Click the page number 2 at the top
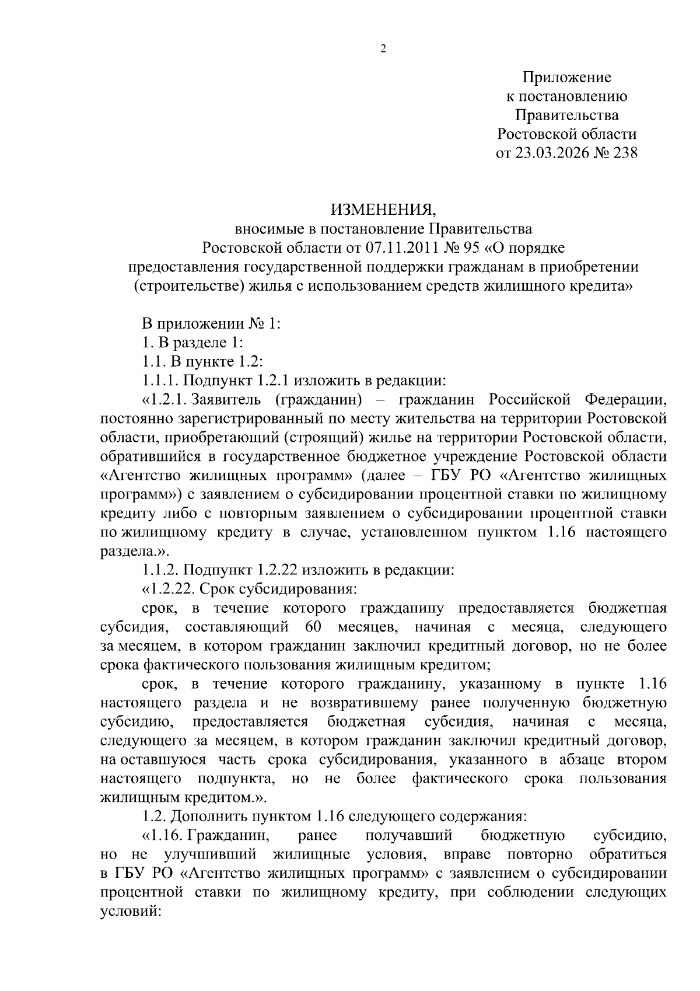[383, 50]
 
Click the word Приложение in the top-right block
[566, 77]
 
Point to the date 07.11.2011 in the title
[401, 248]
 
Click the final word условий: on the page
[130, 911]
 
